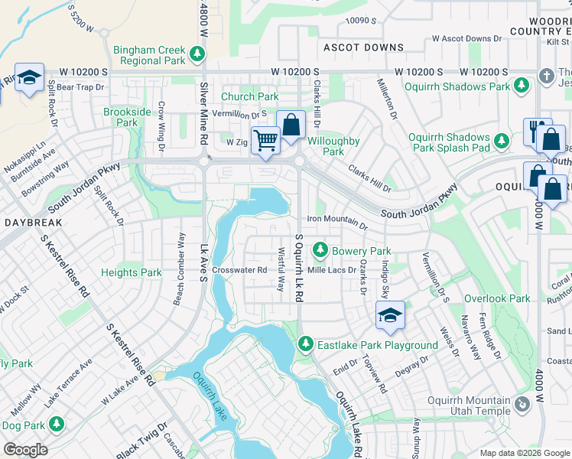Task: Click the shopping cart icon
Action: (x=265, y=141)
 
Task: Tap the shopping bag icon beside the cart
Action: (x=291, y=124)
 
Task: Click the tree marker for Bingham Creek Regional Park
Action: (x=198, y=54)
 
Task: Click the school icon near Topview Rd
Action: (x=390, y=315)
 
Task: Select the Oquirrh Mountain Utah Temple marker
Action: (x=522, y=404)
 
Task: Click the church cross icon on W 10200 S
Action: (x=546, y=76)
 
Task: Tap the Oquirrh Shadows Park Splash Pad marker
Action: (x=502, y=142)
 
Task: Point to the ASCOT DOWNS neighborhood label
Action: (x=363, y=47)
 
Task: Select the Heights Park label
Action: (x=132, y=272)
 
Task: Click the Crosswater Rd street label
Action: (x=239, y=270)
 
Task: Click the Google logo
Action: (x=25, y=450)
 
